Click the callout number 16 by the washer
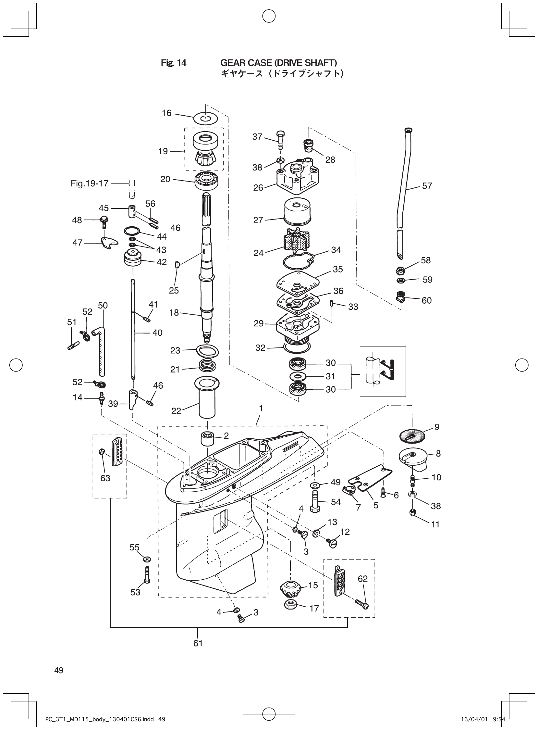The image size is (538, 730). coord(166,113)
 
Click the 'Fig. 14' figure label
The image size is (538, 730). coord(174,63)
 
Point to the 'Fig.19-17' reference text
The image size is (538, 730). coord(89,183)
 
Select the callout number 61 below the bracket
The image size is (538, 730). coord(198,643)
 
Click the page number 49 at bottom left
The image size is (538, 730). coord(59,670)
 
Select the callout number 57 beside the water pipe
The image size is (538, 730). coord(427,186)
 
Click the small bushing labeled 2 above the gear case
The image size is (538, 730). coord(207,438)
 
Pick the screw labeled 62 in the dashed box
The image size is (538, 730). coord(361,604)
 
